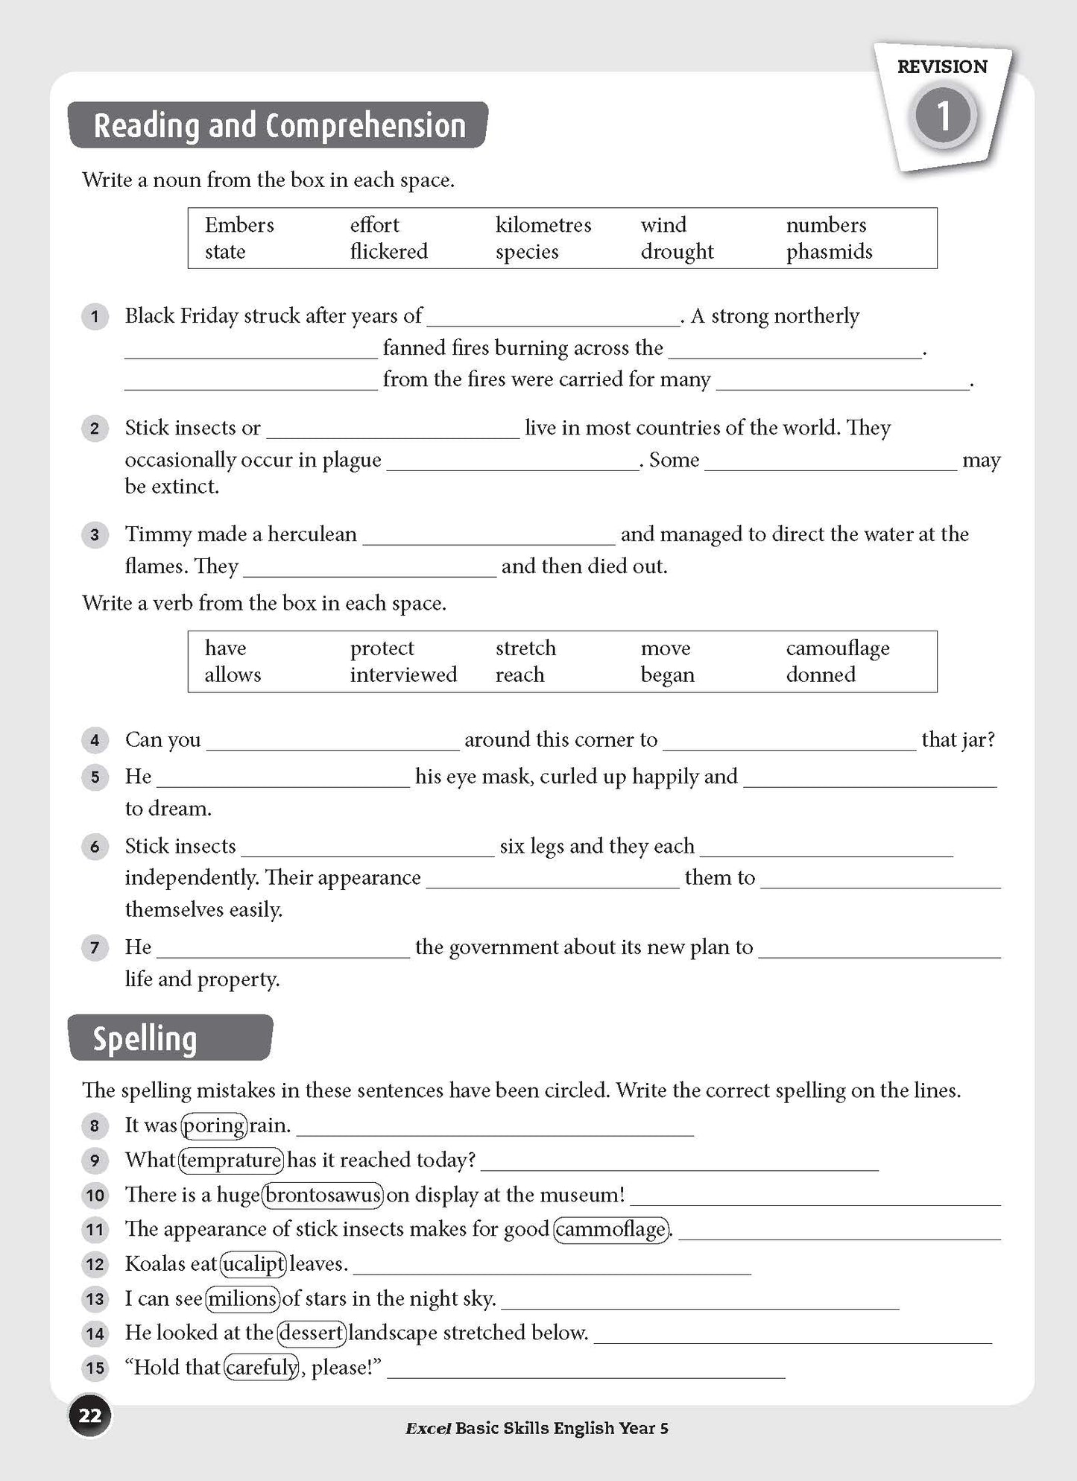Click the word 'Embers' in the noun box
(x=239, y=225)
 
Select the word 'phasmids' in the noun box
(x=829, y=252)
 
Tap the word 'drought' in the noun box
(x=677, y=252)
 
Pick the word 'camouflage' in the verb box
(x=838, y=648)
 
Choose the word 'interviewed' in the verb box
(x=403, y=675)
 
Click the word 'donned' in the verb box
(x=821, y=675)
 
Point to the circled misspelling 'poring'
(x=214, y=1125)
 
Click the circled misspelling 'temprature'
(x=231, y=1160)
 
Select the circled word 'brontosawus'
(x=323, y=1195)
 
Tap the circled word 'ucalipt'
(x=254, y=1263)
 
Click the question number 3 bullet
(x=95, y=534)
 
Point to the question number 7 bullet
(x=95, y=947)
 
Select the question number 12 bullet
(x=95, y=1264)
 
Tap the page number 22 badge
(x=90, y=1415)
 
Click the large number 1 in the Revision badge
(x=944, y=116)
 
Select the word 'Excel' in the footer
(x=428, y=1428)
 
